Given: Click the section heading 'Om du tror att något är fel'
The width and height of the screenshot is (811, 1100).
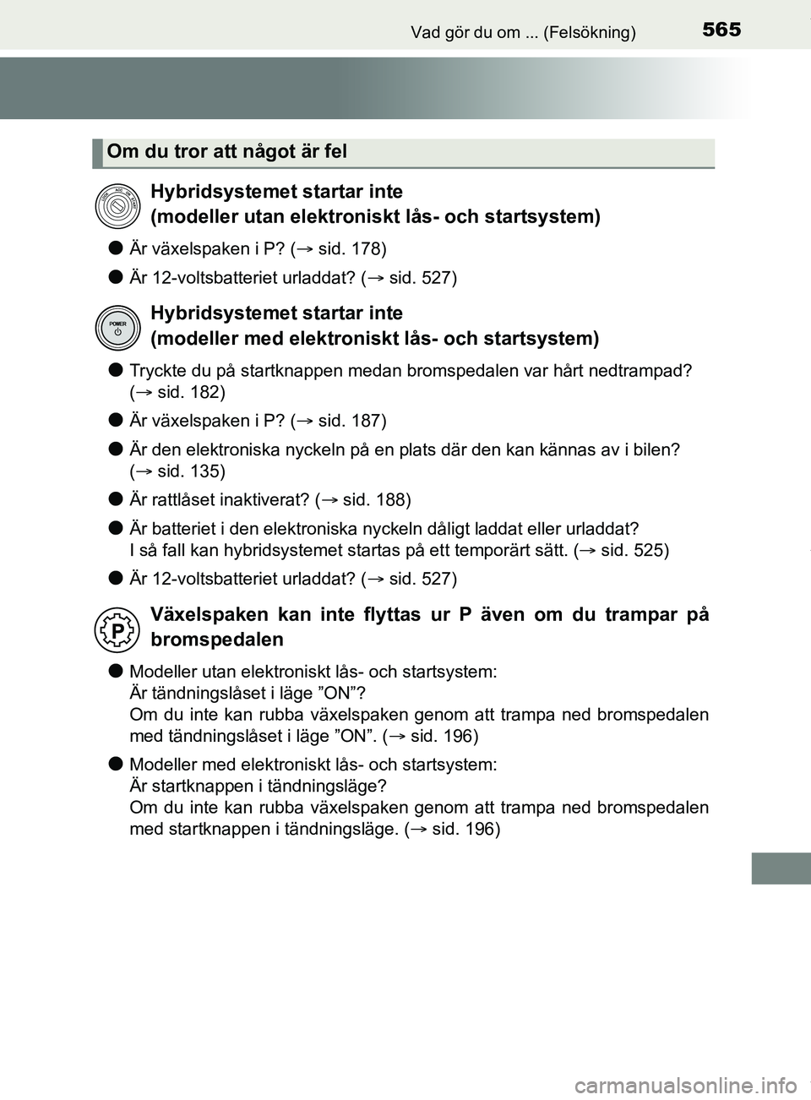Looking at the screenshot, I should [x=227, y=152].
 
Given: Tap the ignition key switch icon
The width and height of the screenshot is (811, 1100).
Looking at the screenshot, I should [x=117, y=205].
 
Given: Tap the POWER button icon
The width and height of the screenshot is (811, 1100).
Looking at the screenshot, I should [x=117, y=328].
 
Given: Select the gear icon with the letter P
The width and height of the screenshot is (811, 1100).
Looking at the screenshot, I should [x=117, y=629].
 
